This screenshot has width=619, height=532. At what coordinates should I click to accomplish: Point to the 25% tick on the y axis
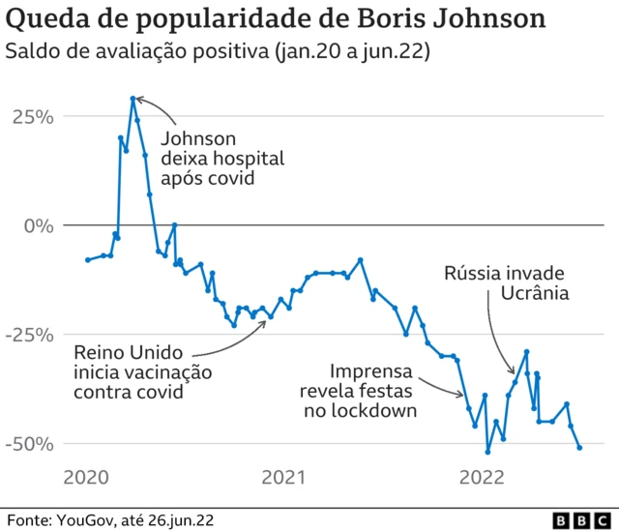pyautogui.click(x=32, y=116)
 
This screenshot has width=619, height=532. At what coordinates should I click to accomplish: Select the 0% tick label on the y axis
pyautogui.click(x=40, y=225)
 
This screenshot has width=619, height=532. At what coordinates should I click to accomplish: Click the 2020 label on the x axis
pyautogui.click(x=87, y=477)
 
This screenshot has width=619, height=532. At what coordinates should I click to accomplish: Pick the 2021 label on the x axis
pyautogui.click(x=284, y=477)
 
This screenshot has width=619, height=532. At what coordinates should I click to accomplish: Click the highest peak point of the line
pyautogui.click(x=133, y=98)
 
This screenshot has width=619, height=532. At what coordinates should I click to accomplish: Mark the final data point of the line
pyautogui.click(x=579, y=448)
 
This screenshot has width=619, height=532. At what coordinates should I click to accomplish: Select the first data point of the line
pyautogui.click(x=87, y=259)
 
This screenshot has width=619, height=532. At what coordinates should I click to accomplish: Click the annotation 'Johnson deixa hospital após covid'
pyautogui.click(x=221, y=158)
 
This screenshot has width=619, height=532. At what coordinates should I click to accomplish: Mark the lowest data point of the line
pyautogui.click(x=487, y=452)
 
